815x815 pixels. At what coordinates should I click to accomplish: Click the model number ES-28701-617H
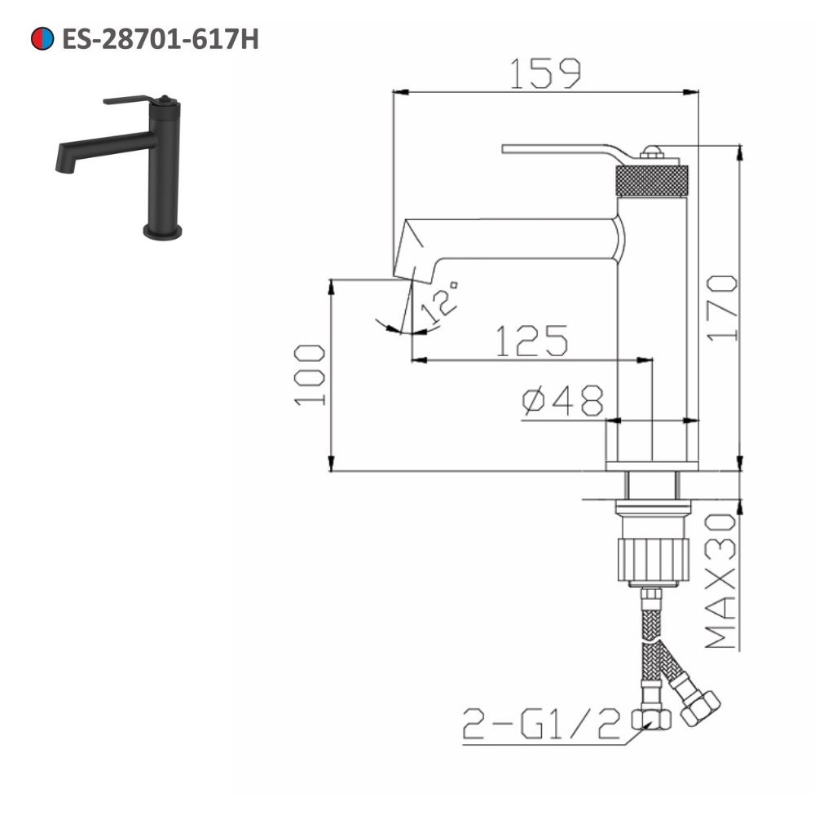160,38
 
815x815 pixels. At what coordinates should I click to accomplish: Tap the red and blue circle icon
42,38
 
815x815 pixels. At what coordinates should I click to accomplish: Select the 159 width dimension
546,73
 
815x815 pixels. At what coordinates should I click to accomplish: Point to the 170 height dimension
721,307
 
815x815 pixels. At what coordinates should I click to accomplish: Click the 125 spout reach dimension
531,341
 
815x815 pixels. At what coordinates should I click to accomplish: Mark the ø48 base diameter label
563,401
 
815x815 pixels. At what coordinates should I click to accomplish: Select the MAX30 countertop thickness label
720,582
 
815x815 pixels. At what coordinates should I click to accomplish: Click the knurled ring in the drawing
653,180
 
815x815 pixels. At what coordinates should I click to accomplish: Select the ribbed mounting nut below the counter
652,557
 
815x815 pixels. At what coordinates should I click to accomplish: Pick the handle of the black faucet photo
130,100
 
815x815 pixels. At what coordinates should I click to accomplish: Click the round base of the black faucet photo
163,232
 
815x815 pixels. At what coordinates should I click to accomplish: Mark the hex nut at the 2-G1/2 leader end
652,718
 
